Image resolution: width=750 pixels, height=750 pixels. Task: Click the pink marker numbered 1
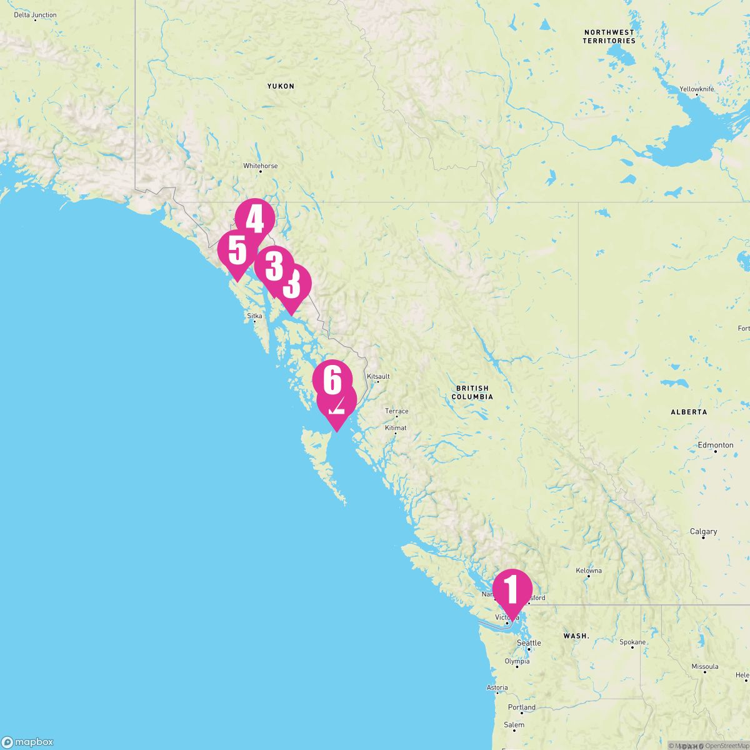point(512,590)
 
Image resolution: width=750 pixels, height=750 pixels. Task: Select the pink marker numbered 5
point(237,251)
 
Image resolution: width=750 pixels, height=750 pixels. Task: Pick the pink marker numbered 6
point(332,379)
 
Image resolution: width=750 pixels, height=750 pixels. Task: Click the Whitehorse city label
point(261,166)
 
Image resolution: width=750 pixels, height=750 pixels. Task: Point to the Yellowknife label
point(697,89)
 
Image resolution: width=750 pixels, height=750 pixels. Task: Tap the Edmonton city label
point(716,445)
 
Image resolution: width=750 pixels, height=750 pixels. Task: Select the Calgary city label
point(703,532)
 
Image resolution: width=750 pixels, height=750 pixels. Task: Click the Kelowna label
point(589,571)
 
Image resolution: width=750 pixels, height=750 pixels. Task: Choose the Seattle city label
point(529,643)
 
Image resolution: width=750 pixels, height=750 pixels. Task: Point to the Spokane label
point(632,642)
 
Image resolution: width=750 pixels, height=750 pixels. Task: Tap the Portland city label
point(522,707)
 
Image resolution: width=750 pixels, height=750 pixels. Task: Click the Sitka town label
point(254,316)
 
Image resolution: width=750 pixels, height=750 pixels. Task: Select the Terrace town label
point(397,411)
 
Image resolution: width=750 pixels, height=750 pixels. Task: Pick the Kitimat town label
point(396,428)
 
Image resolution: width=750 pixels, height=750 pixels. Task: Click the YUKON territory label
point(281,86)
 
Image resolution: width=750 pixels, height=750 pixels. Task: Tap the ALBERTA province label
point(689,412)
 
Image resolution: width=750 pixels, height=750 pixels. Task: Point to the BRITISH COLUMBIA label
point(472,392)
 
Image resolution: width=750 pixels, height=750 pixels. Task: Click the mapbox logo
point(27,742)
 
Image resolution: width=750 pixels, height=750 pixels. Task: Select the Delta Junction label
point(35,15)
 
